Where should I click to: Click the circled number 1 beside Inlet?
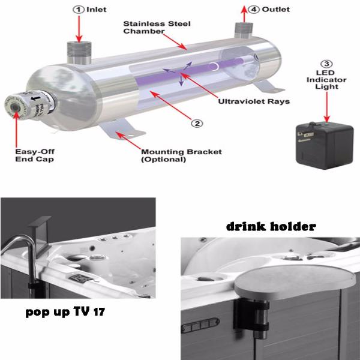(x=78, y=10)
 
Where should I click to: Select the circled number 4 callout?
(x=256, y=10)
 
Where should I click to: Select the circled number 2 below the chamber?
(x=196, y=124)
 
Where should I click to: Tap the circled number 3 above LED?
(x=326, y=64)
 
